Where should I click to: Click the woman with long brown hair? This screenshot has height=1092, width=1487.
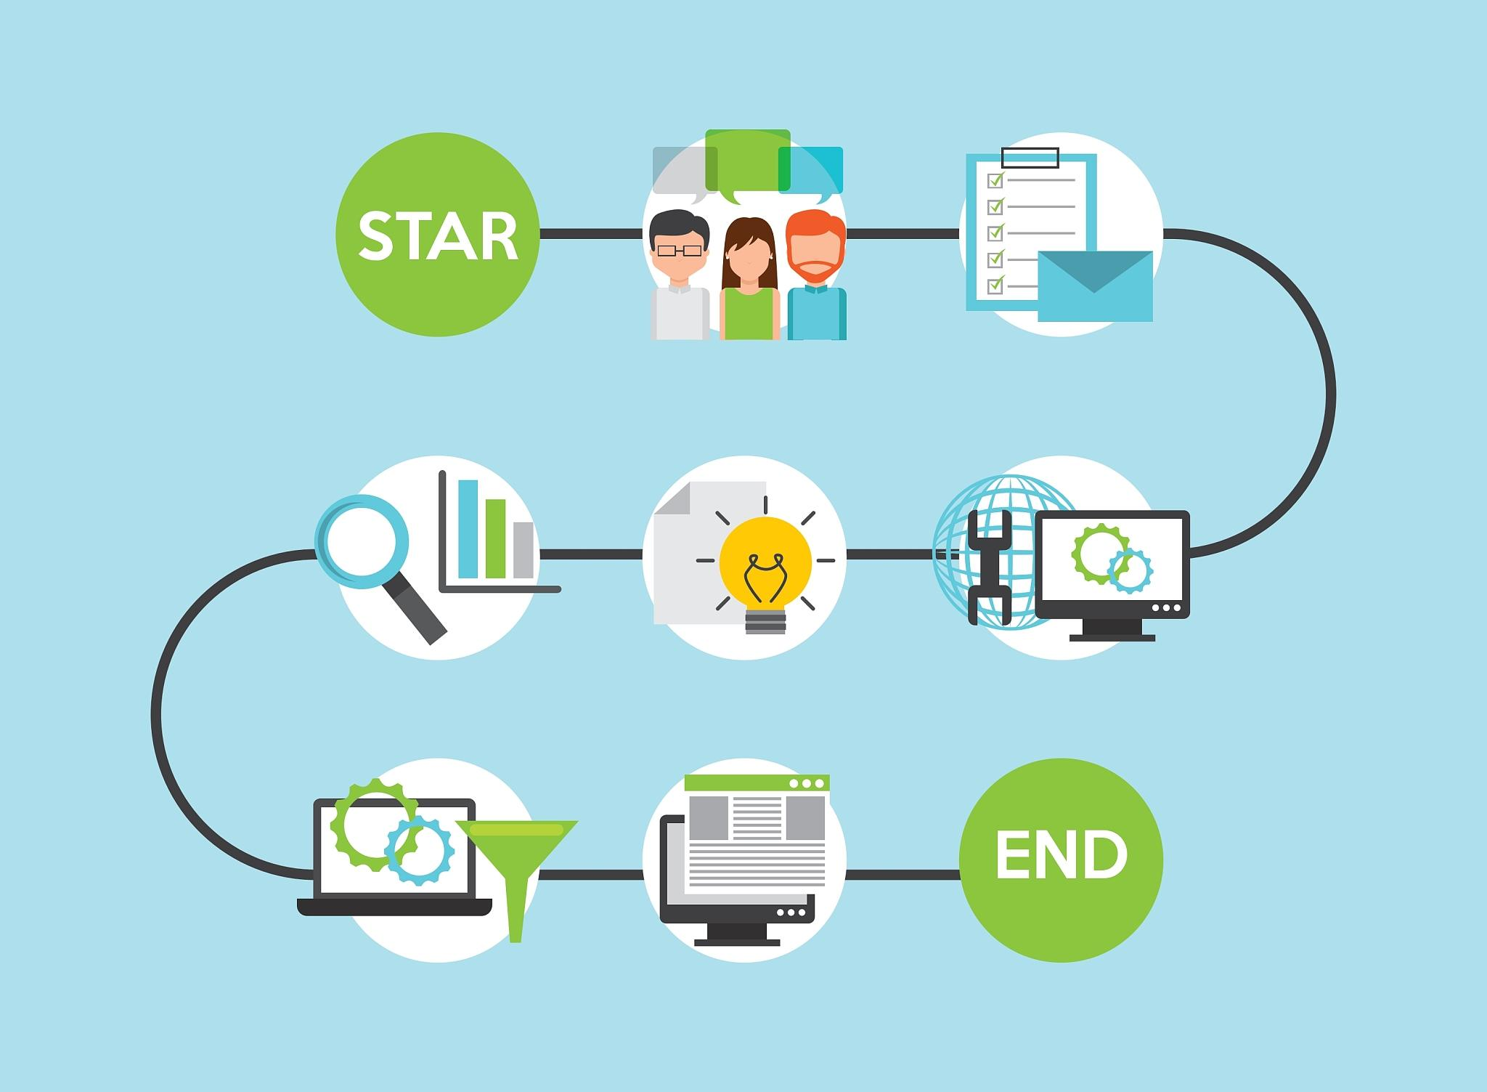point(750,278)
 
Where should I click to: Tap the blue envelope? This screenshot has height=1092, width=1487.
point(1095,286)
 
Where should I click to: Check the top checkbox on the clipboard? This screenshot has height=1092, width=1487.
point(995,179)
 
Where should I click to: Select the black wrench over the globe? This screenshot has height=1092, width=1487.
point(990,567)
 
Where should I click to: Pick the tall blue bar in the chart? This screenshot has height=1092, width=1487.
point(468,529)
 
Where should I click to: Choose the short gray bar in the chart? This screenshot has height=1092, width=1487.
point(523,550)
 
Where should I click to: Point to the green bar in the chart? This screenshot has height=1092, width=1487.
point(496,538)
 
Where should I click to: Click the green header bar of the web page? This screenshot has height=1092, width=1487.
point(757,783)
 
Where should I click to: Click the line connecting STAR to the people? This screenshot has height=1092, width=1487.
point(591,234)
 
